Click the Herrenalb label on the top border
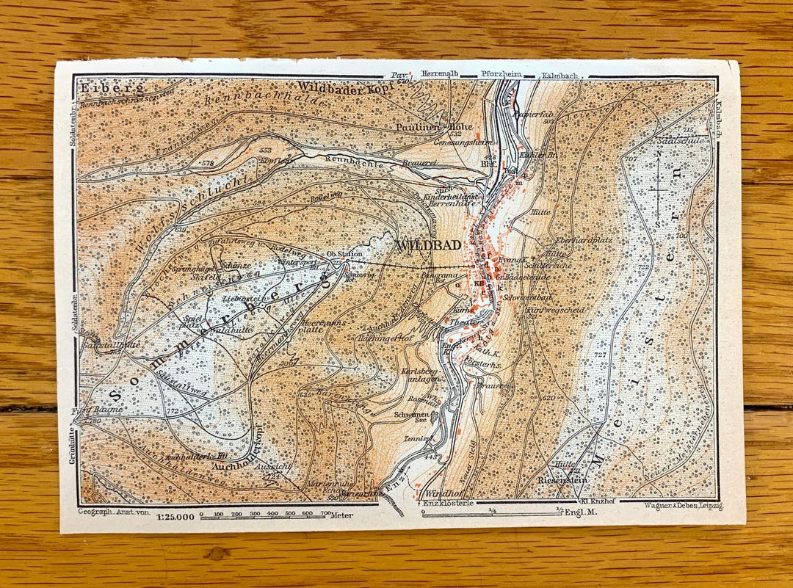[x=441, y=74]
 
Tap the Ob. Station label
[x=344, y=253]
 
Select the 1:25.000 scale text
[x=175, y=516]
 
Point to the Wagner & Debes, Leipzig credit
[x=682, y=507]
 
